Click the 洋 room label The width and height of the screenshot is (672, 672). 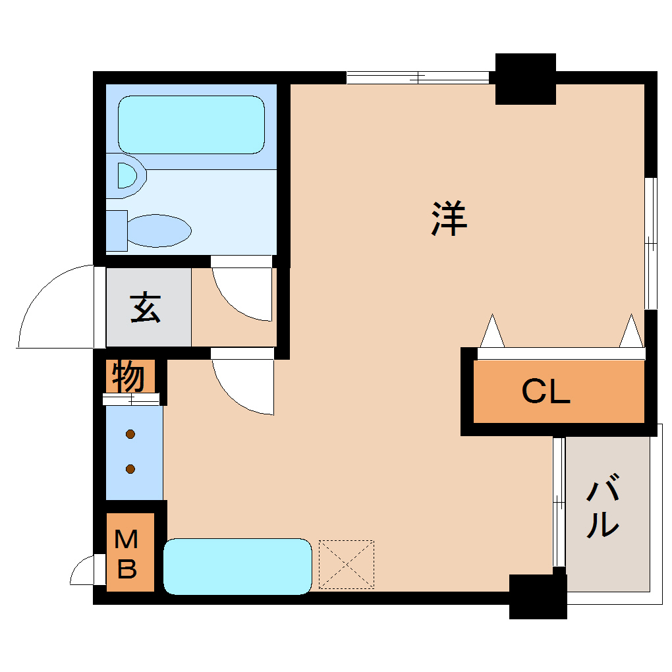click(x=449, y=219)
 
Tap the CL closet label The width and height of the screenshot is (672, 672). click(x=546, y=391)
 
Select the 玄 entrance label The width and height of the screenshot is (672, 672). click(x=146, y=308)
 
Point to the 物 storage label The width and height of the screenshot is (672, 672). click(x=128, y=377)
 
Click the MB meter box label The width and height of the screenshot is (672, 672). click(x=126, y=553)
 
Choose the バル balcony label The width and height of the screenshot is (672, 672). click(x=603, y=506)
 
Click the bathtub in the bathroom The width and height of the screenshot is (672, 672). click(x=191, y=125)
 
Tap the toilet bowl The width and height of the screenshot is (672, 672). click(x=159, y=231)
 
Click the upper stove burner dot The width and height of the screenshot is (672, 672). click(x=130, y=434)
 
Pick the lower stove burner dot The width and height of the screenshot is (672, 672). click(x=130, y=469)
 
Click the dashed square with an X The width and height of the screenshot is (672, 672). click(x=347, y=565)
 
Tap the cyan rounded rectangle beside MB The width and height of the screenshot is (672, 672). click(x=237, y=567)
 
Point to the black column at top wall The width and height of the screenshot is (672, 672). click(x=526, y=79)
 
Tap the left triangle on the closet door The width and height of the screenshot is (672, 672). click(x=492, y=331)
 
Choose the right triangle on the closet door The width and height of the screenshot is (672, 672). click(x=631, y=331)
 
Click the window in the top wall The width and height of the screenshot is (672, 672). click(x=418, y=78)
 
